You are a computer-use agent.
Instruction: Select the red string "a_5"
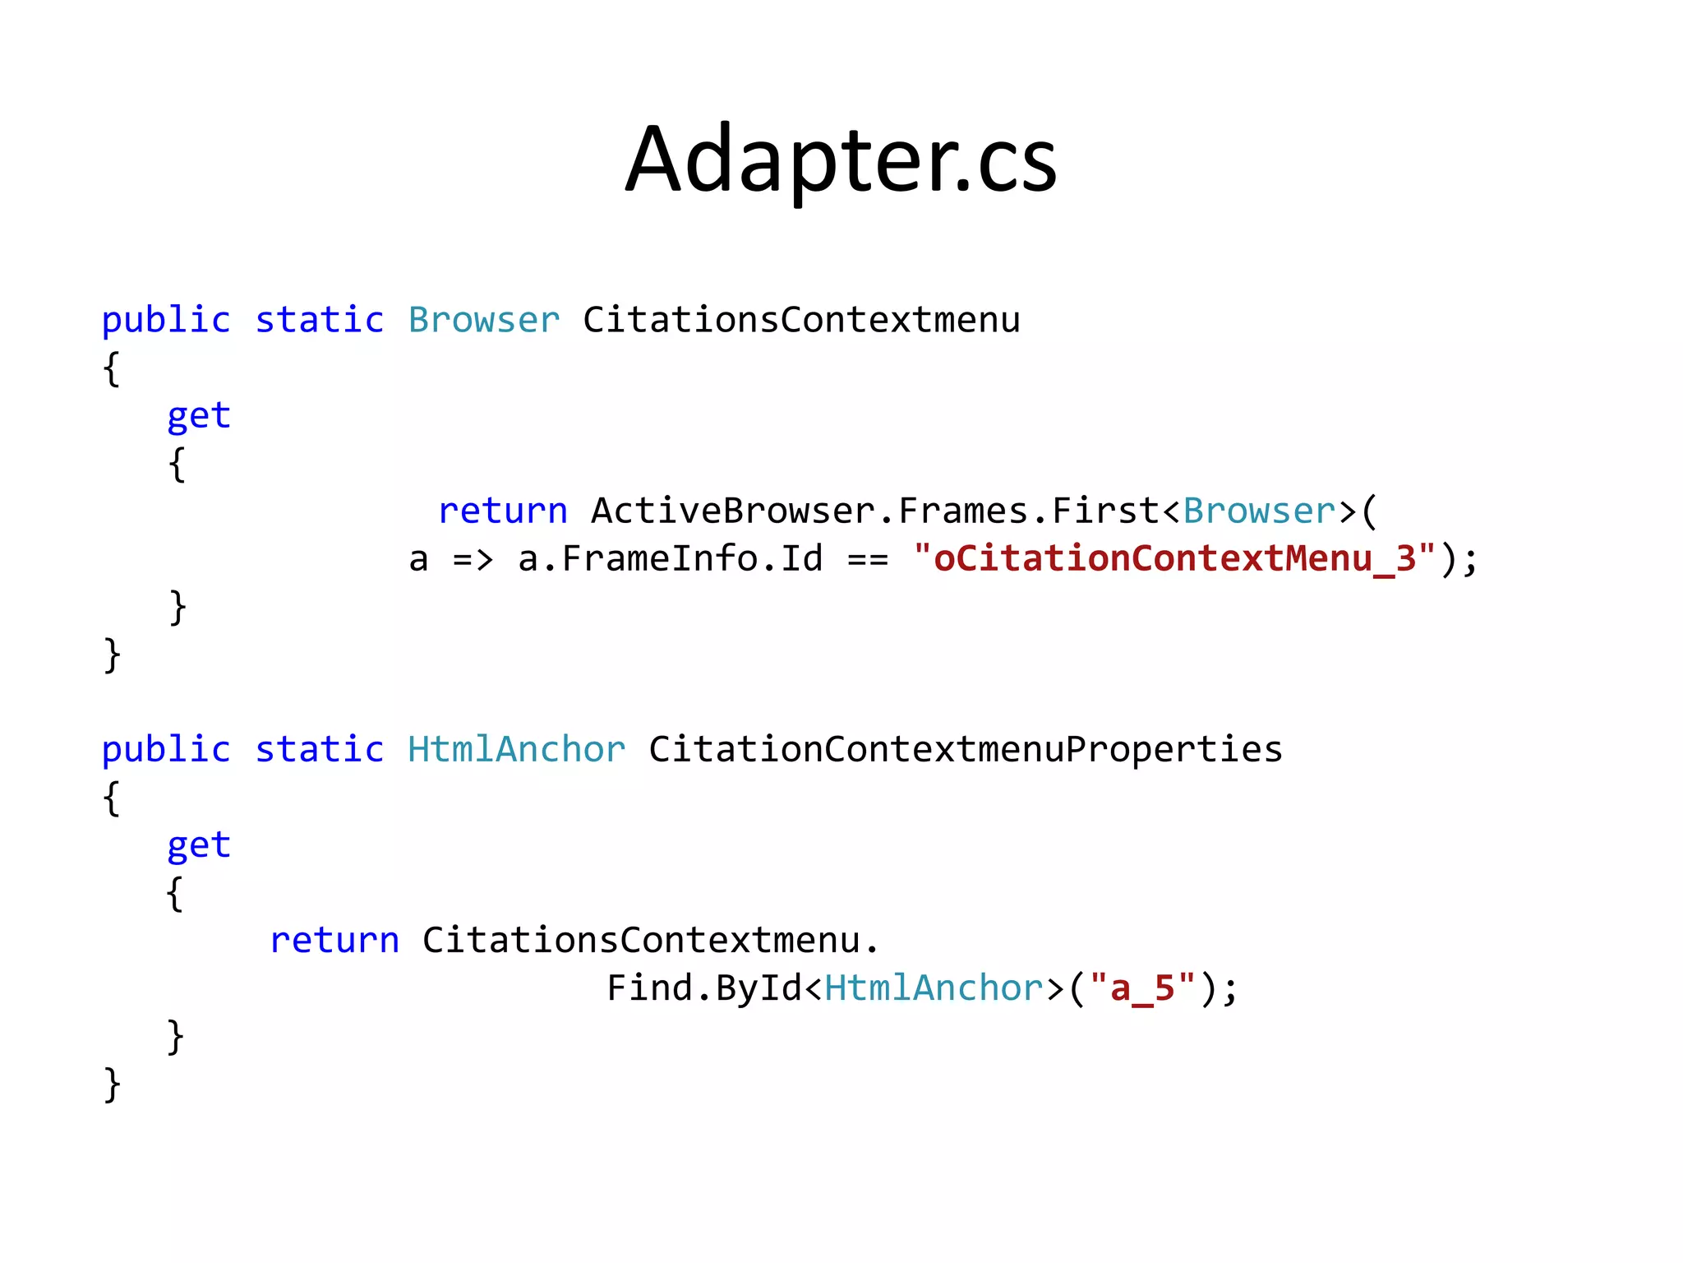click(1141, 988)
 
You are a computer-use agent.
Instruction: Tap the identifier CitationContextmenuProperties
click(966, 749)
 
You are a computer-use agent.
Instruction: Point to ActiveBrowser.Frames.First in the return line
click(874, 511)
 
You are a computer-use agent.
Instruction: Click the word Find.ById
click(704, 988)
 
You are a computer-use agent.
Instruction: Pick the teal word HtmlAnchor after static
click(516, 749)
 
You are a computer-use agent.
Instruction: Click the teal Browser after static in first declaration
click(484, 320)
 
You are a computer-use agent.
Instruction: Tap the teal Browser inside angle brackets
click(1259, 511)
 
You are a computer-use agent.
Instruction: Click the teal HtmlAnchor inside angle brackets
click(934, 988)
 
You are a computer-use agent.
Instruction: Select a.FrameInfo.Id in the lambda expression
click(670, 558)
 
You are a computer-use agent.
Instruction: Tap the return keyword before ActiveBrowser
click(503, 511)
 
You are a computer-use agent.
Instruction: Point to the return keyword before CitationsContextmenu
click(334, 940)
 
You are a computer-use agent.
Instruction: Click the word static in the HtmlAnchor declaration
click(319, 749)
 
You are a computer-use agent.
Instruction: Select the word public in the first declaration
click(166, 320)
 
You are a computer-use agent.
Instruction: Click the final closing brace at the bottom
click(113, 1085)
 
